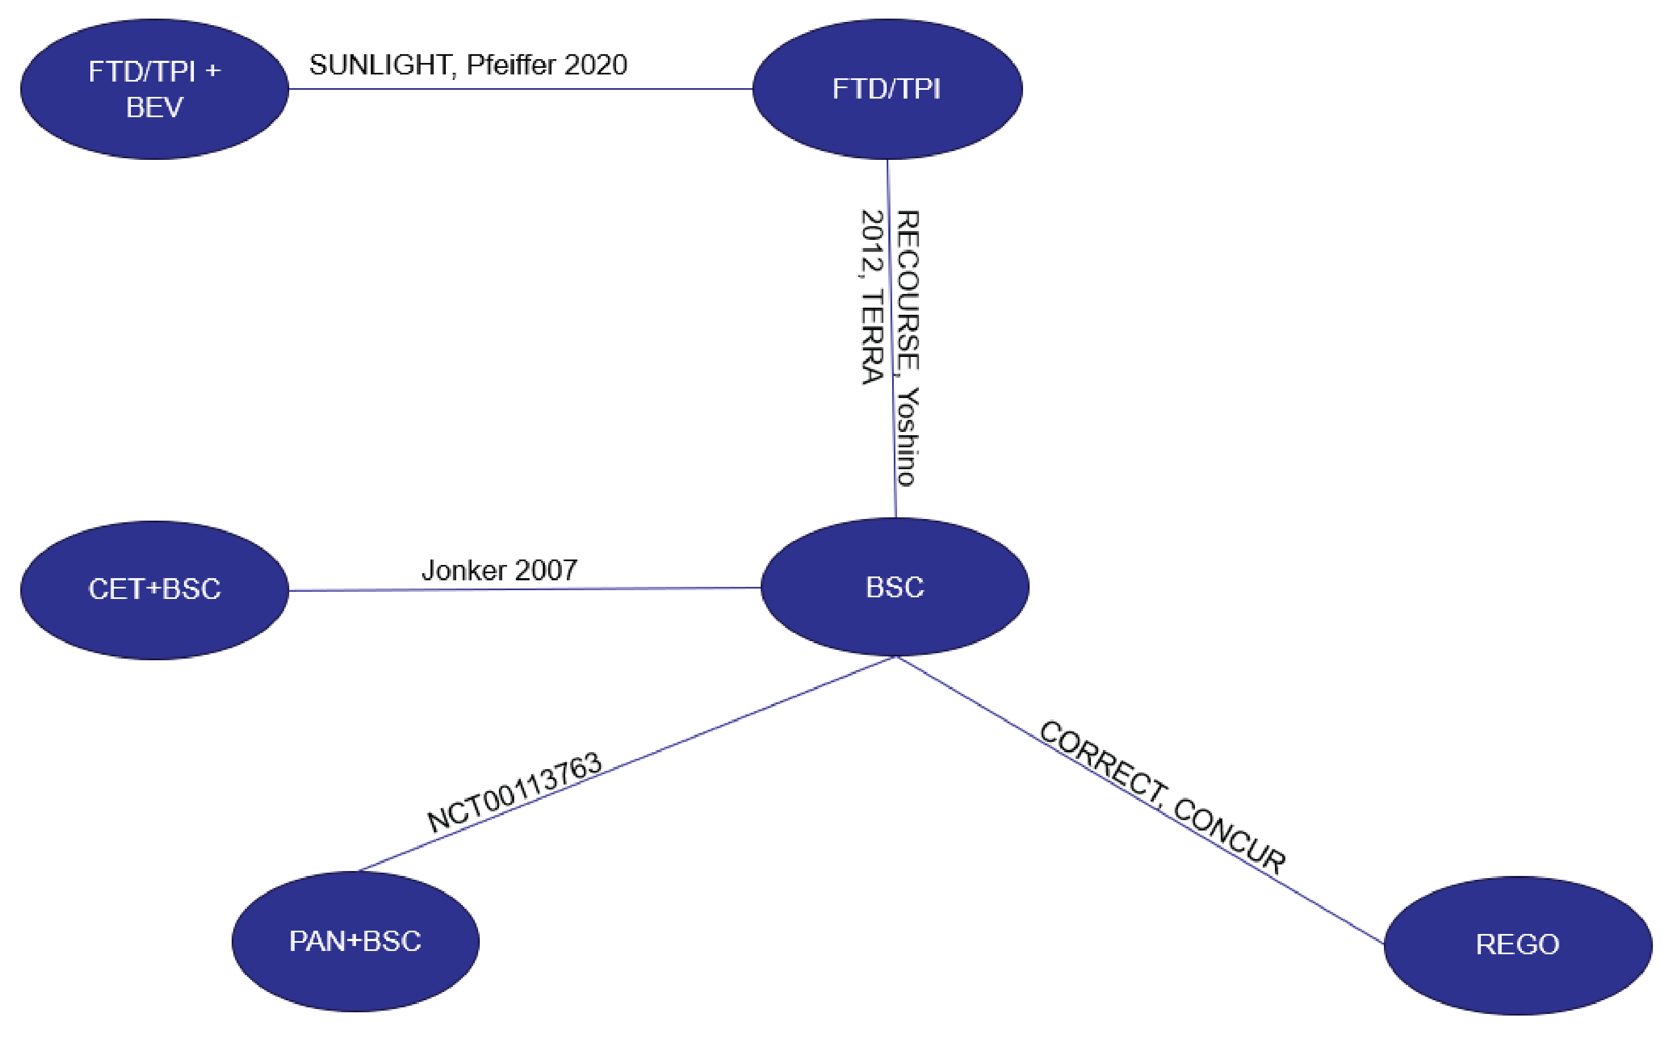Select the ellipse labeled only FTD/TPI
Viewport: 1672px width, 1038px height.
pos(887,89)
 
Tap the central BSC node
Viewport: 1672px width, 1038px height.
pos(895,587)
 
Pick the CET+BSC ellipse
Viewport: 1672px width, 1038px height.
pos(154,590)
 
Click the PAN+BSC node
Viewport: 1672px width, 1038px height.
pos(355,941)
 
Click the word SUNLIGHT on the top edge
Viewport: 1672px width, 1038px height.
pos(380,65)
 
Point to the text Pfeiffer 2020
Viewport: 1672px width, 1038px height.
pos(547,65)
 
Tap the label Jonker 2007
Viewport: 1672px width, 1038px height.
pos(499,570)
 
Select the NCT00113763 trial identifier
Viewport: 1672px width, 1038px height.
pos(514,793)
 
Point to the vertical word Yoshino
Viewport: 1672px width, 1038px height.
pos(907,437)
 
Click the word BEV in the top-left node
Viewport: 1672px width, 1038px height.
pos(154,108)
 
